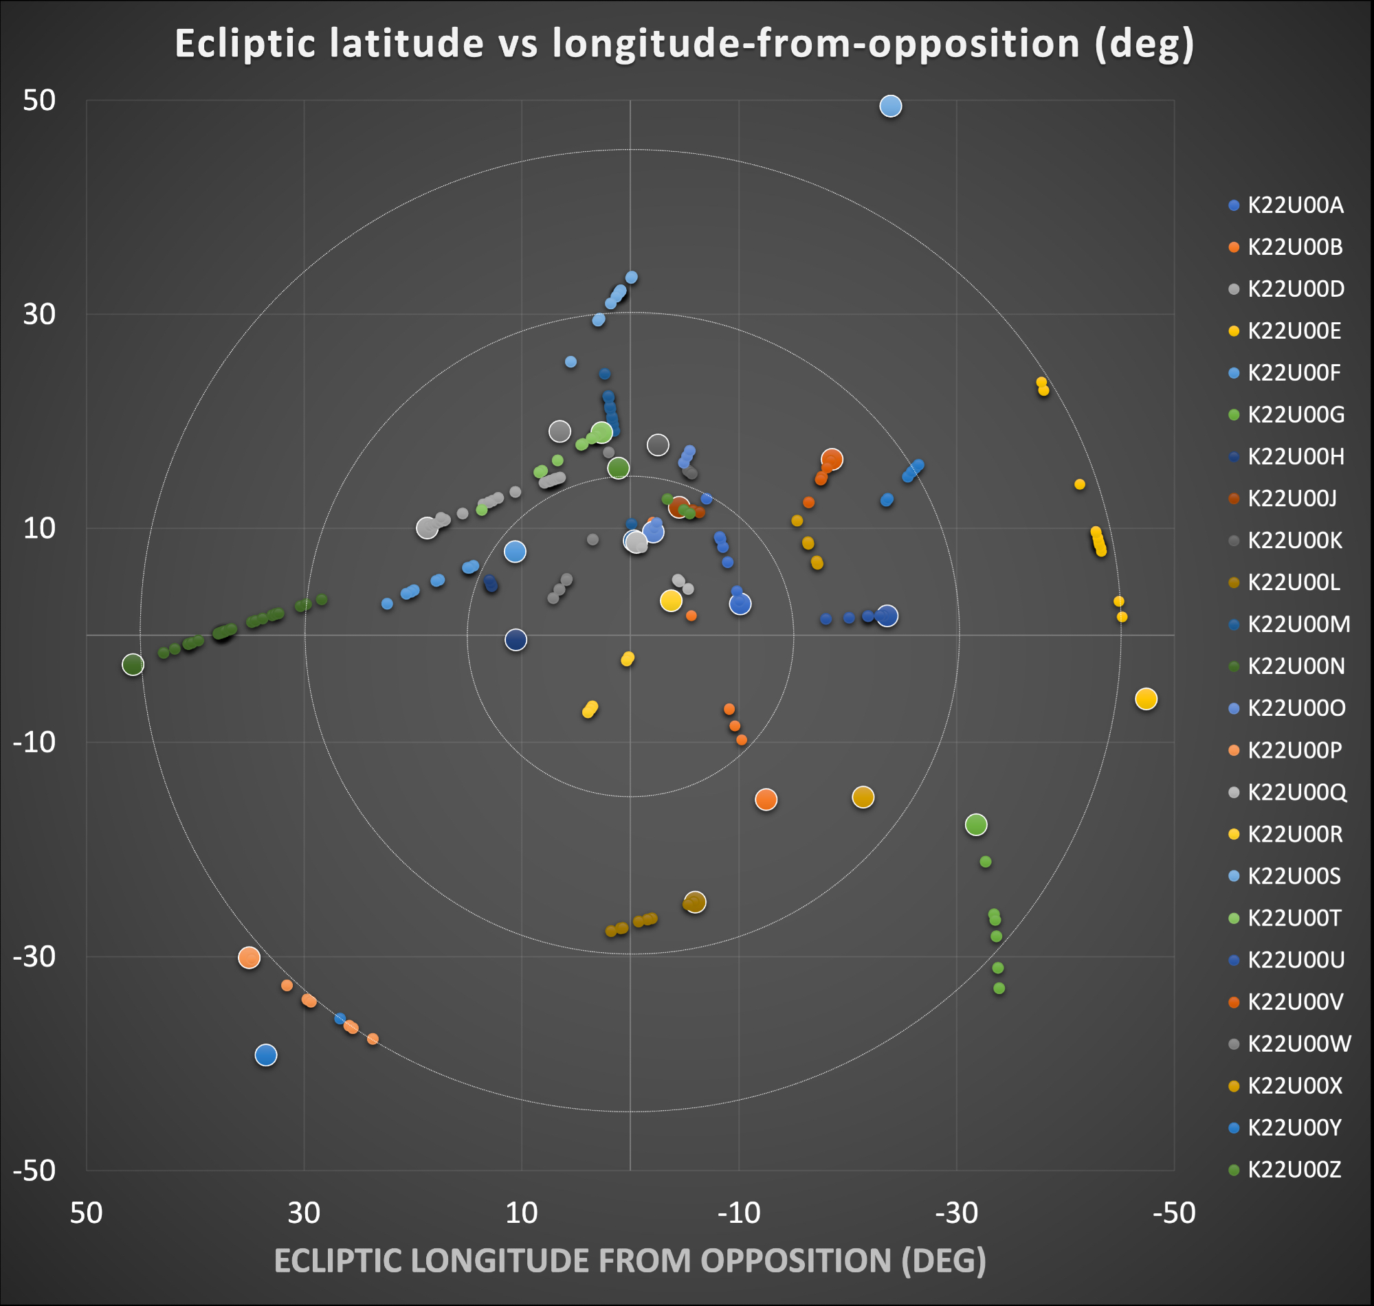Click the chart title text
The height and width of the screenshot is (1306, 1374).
(x=685, y=44)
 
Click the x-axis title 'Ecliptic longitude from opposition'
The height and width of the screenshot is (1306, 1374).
(x=630, y=1260)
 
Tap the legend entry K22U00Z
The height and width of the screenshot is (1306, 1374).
(x=1293, y=1169)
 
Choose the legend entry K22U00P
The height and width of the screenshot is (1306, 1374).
(x=1294, y=750)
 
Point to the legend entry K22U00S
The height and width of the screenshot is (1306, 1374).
(x=1293, y=876)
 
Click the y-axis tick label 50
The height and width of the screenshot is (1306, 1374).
(x=39, y=100)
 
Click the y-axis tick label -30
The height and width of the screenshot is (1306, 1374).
(x=35, y=956)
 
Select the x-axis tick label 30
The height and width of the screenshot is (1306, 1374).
(x=304, y=1213)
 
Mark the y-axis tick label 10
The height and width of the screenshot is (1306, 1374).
(x=39, y=528)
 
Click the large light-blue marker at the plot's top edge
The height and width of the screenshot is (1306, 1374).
(x=891, y=106)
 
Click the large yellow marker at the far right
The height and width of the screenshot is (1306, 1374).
(x=1146, y=699)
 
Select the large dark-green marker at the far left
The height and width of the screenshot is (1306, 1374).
(x=133, y=665)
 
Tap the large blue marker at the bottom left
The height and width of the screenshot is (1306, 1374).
(x=266, y=1055)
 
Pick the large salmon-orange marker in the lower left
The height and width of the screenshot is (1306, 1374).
(x=250, y=958)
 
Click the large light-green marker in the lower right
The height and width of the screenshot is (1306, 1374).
(x=976, y=825)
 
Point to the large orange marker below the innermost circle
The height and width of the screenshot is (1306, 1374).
(x=766, y=800)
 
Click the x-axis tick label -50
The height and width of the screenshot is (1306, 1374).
(x=1174, y=1213)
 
